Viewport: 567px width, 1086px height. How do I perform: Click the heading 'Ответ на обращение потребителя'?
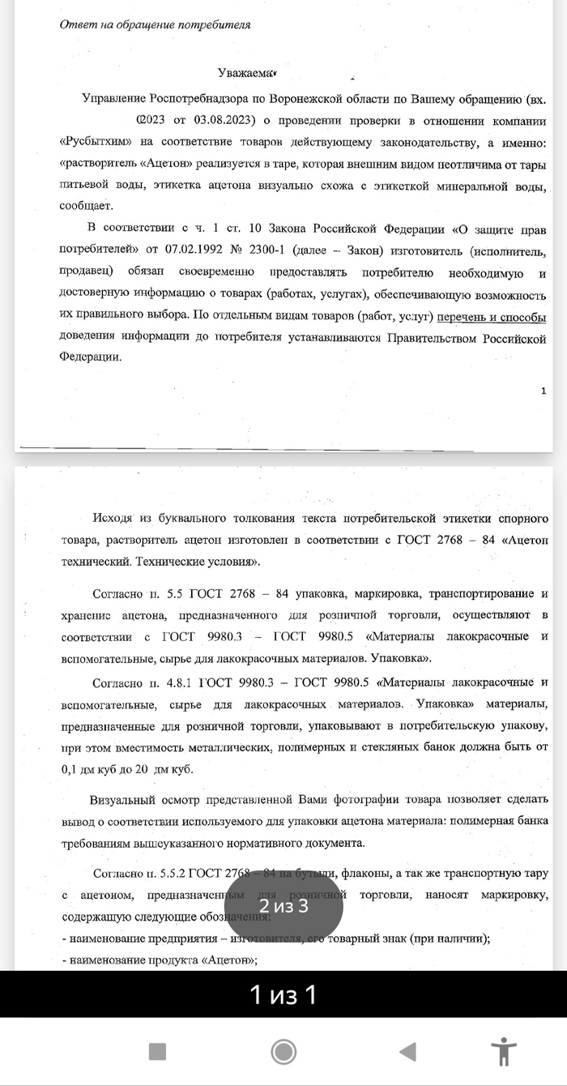click(x=155, y=24)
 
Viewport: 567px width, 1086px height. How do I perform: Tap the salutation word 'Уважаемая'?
click(x=247, y=75)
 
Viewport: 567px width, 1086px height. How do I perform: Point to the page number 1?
click(x=543, y=391)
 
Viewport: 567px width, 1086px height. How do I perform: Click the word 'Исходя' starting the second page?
click(x=115, y=518)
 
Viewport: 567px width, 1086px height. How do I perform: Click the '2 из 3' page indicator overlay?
click(x=283, y=905)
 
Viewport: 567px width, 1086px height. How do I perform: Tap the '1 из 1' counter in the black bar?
click(x=283, y=994)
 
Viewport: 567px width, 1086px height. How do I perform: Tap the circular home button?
click(x=283, y=1052)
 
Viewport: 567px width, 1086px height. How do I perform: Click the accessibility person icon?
click(x=504, y=1052)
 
